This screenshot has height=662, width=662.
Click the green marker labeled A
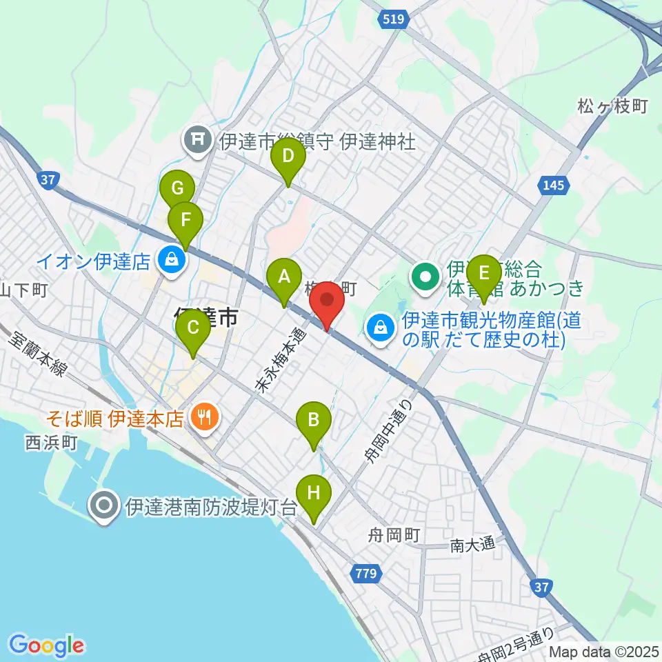click(283, 278)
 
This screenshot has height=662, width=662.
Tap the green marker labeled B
click(313, 420)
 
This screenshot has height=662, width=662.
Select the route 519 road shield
click(391, 21)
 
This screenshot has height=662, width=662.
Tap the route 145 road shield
click(553, 185)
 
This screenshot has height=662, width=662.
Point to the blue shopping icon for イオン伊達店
click(168, 261)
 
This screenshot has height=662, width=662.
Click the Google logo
click(47, 645)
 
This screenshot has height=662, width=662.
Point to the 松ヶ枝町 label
click(613, 106)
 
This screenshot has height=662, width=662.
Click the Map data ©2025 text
click(603, 651)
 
